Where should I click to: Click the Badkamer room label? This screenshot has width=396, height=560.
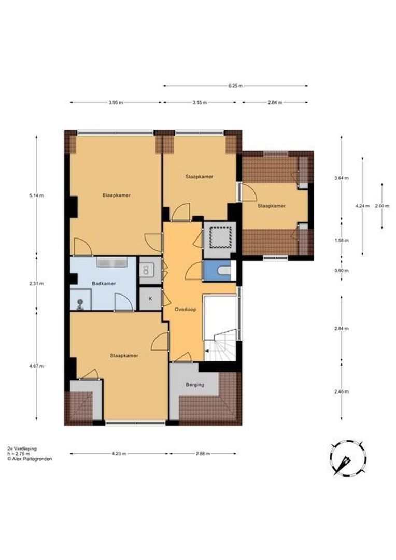pyautogui.click(x=104, y=284)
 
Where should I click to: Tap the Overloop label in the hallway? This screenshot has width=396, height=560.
pyautogui.click(x=186, y=310)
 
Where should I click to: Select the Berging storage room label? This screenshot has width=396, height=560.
pyautogui.click(x=195, y=385)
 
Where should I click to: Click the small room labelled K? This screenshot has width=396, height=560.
pyautogui.click(x=150, y=298)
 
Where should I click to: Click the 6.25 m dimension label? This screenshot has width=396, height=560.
pyautogui.click(x=235, y=86)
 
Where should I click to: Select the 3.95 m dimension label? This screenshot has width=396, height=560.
pyautogui.click(x=116, y=103)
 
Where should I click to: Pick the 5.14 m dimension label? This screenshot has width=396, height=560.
pyautogui.click(x=36, y=195)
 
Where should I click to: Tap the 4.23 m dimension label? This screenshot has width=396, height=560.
pyautogui.click(x=119, y=454)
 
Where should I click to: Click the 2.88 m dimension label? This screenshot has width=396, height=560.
pyautogui.click(x=203, y=454)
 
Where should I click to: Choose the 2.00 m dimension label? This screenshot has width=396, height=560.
pyautogui.click(x=382, y=206)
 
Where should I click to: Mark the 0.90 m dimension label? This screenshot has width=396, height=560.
pyautogui.click(x=342, y=271)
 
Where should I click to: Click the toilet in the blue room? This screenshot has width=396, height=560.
pyautogui.click(x=224, y=271)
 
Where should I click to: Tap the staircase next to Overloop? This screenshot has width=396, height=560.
pyautogui.click(x=220, y=345)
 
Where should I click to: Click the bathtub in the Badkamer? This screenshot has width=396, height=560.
pyautogui.click(x=112, y=262)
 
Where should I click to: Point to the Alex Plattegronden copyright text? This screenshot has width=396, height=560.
pyautogui.click(x=30, y=459)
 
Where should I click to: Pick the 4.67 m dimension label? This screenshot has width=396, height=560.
pyautogui.click(x=36, y=366)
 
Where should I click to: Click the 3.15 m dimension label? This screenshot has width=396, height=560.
pyautogui.click(x=200, y=103)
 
